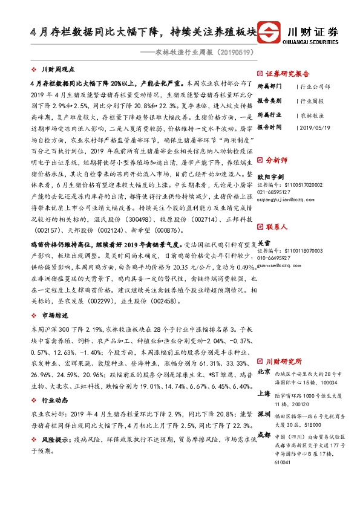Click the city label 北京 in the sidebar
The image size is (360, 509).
[264, 371]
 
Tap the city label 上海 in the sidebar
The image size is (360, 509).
[264, 393]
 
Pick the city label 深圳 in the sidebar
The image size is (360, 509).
[264, 415]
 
